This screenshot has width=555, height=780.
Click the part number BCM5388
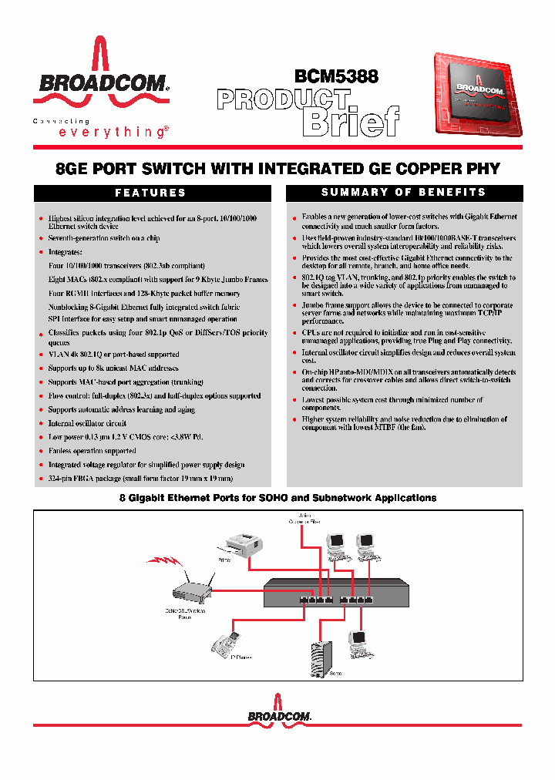pos(336,76)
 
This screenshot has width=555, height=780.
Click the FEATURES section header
pos(150,193)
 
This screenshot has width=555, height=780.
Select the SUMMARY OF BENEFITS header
pos(404,192)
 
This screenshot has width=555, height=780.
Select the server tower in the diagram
pos(321,658)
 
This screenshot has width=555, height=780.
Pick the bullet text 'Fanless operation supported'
pos(92,451)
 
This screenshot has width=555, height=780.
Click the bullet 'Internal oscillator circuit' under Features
pos(87,423)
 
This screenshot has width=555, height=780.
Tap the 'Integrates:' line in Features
pos(65,252)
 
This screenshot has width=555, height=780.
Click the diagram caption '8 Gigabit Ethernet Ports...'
pos(277,498)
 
